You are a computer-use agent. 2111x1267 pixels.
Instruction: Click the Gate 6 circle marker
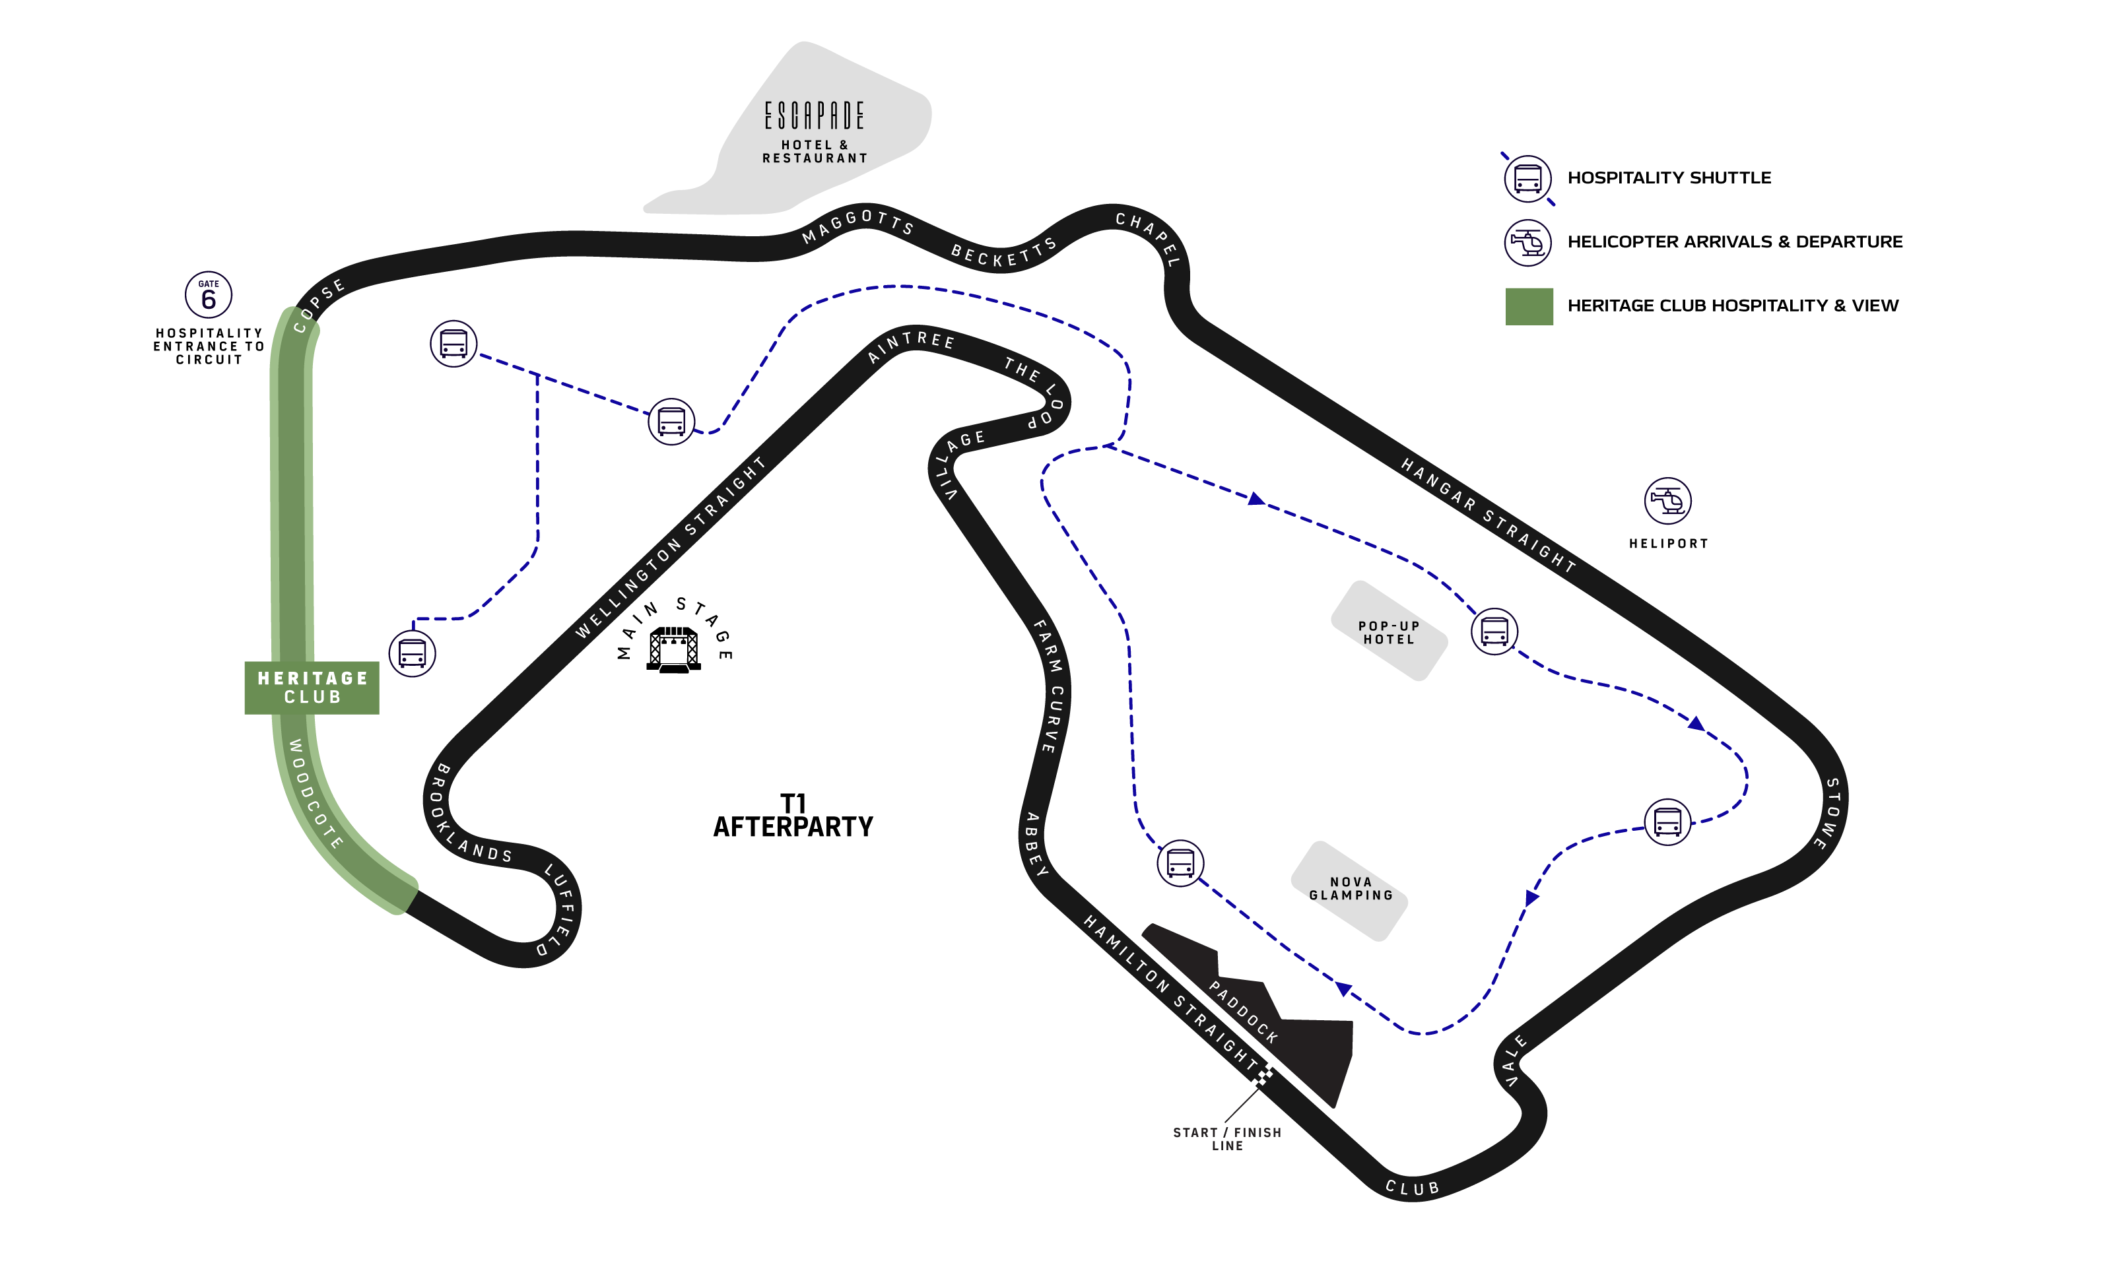(x=209, y=296)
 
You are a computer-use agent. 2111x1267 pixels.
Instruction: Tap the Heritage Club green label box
(x=312, y=688)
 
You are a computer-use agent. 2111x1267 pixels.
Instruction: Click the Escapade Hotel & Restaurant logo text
(x=814, y=116)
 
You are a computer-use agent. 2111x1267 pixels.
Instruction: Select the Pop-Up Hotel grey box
(x=1389, y=632)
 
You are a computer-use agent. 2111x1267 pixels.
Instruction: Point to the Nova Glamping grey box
(x=1349, y=890)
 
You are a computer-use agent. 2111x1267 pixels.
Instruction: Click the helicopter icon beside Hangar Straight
(x=1667, y=500)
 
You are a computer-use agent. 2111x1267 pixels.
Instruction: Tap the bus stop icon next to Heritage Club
(x=413, y=654)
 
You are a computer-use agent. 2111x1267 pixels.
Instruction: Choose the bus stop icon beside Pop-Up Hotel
(x=1494, y=632)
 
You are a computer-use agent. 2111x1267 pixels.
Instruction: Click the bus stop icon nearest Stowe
(x=1667, y=822)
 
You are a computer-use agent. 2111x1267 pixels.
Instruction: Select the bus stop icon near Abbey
(x=1180, y=862)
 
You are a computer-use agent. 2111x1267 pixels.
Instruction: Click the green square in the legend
(x=1529, y=306)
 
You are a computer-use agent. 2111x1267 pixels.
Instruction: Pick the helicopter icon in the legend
(x=1527, y=244)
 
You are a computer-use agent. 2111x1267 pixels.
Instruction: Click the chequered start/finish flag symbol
(x=1262, y=1075)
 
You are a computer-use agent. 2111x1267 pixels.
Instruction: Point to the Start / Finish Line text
(x=1227, y=1139)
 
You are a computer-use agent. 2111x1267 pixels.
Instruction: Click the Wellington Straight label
(x=671, y=548)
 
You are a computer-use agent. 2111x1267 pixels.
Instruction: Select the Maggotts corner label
(x=857, y=226)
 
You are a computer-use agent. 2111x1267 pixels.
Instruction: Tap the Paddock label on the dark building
(x=1244, y=1012)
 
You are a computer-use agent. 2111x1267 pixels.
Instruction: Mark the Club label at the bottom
(x=1413, y=1188)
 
